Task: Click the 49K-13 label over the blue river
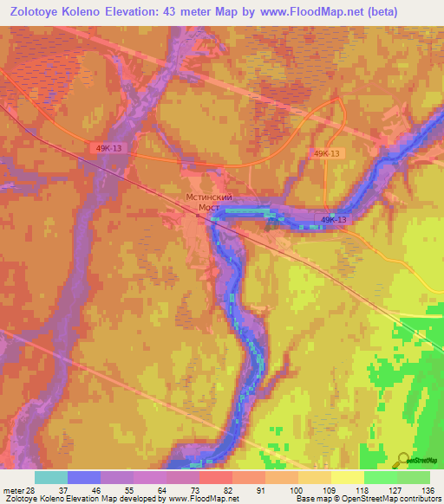(x=334, y=220)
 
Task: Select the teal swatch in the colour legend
(x=51, y=477)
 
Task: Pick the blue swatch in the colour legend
(x=84, y=477)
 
